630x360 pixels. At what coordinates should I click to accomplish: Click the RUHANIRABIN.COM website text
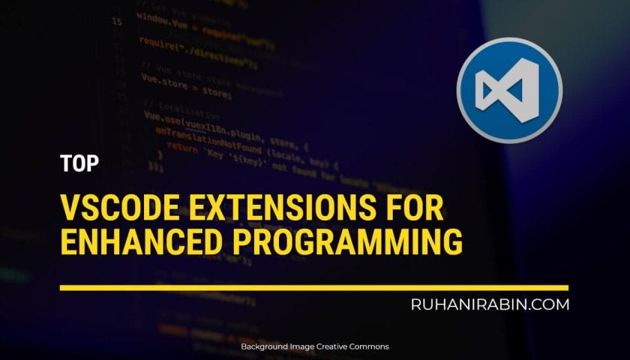490,304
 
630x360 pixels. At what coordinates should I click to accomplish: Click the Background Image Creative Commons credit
314,347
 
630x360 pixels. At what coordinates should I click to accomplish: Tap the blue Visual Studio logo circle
509,89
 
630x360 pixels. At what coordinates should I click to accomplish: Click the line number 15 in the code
117,22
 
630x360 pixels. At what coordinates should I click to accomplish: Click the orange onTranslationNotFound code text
202,134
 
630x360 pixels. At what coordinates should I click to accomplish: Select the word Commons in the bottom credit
367,347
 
